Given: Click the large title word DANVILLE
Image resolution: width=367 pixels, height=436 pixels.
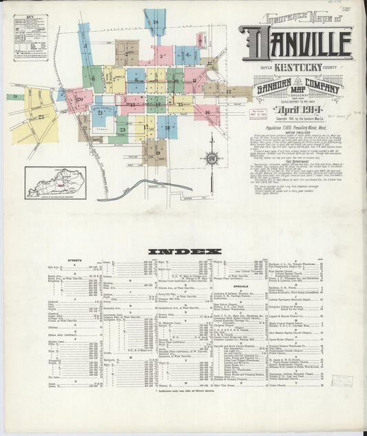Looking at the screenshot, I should click(x=296, y=44).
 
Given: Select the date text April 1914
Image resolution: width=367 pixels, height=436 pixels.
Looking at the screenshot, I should click(x=295, y=109).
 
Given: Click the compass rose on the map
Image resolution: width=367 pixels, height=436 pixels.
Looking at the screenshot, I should click(x=211, y=158).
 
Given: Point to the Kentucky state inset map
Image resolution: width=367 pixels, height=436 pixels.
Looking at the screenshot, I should click(x=55, y=183).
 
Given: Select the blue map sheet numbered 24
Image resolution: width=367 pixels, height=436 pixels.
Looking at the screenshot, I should click(x=156, y=22).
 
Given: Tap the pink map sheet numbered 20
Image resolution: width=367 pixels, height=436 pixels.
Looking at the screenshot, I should click(x=79, y=99).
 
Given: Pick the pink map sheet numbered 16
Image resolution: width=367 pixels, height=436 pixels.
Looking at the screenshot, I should click(x=207, y=112).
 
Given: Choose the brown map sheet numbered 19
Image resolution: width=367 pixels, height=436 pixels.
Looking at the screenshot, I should click(x=156, y=152).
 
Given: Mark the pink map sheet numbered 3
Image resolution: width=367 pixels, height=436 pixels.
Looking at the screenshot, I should click(x=163, y=54).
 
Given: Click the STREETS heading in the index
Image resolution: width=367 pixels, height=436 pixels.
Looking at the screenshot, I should click(x=76, y=261).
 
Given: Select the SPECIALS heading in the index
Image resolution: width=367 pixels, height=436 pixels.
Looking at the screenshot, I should click(x=242, y=286).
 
